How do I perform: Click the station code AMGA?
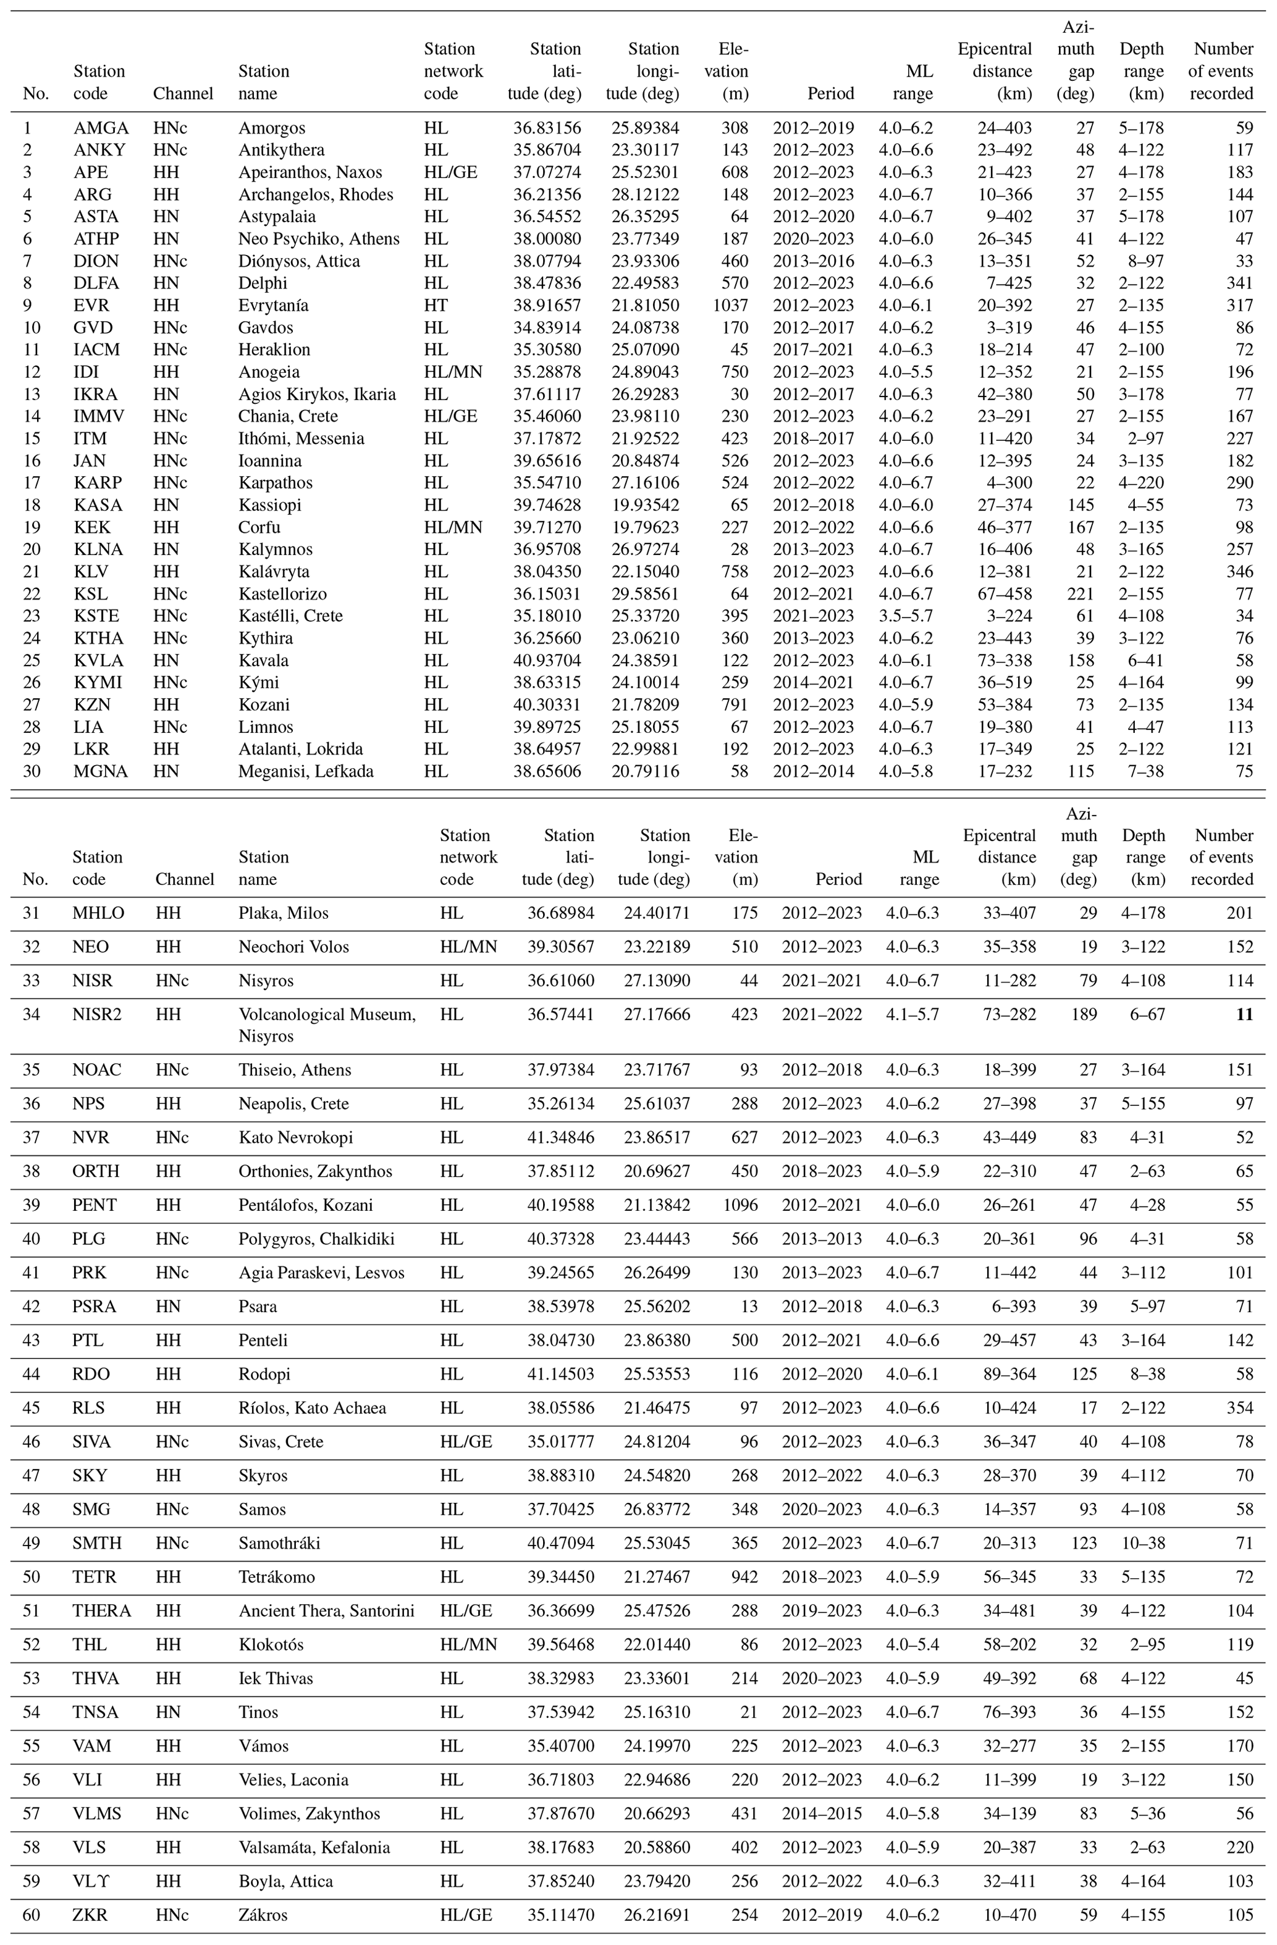[101, 128]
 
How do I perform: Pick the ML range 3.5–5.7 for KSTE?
[905, 616]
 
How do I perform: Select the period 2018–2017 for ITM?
[814, 439]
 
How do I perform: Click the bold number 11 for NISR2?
[1244, 1015]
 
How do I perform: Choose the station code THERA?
[101, 1611]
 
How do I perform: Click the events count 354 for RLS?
[1239, 1408]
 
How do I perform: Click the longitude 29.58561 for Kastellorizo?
[645, 594]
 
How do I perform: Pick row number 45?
[31, 1408]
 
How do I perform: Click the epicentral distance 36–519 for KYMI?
[1004, 682]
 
